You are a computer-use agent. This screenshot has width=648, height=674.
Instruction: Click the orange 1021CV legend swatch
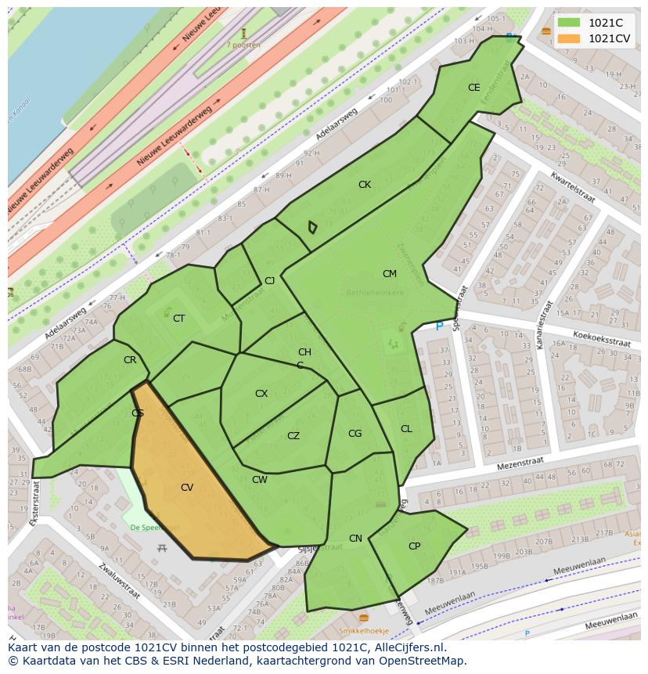click(x=568, y=38)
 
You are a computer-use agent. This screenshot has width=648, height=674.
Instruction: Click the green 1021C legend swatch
click(x=568, y=23)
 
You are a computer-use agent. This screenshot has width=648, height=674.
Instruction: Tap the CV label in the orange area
click(x=187, y=488)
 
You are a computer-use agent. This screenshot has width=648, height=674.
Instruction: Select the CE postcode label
click(x=473, y=88)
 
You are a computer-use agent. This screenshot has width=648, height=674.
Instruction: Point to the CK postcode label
click(x=365, y=185)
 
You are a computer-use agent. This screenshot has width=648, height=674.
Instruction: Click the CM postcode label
click(x=390, y=274)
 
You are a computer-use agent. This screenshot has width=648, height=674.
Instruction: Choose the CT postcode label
click(x=178, y=319)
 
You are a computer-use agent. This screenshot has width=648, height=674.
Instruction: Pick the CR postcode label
click(x=130, y=360)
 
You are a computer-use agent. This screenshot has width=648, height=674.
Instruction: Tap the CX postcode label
click(x=261, y=394)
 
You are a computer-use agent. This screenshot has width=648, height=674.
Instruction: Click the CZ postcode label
click(x=293, y=436)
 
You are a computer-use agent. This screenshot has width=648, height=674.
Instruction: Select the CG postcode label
click(x=355, y=434)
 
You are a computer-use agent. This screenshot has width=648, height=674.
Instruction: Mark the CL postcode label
click(x=406, y=429)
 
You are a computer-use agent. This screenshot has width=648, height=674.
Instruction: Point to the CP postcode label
click(x=414, y=546)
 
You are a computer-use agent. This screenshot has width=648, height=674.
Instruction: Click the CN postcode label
click(x=355, y=539)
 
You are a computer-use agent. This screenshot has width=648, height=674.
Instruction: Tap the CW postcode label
click(x=260, y=480)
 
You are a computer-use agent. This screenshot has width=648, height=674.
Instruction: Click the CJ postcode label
click(x=269, y=281)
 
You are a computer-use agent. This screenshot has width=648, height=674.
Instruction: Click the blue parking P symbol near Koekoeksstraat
click(x=439, y=326)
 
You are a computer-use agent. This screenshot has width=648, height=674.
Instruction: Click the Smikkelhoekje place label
click(x=364, y=630)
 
